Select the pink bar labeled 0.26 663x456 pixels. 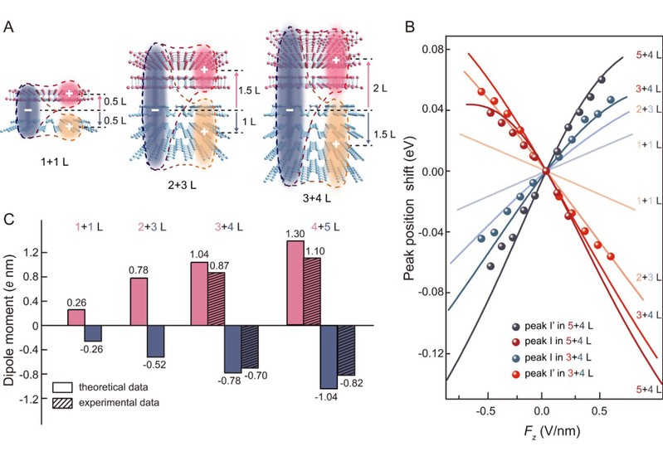[76, 317]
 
